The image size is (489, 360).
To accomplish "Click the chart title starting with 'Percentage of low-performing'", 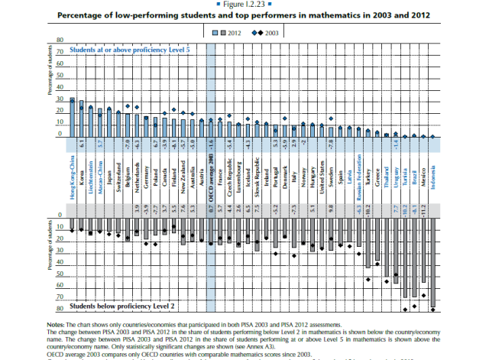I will (x=244, y=14).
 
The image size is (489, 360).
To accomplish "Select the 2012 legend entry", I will (x=225, y=33).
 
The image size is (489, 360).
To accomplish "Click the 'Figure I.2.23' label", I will (x=244, y=5).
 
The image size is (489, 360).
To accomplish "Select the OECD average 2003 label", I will (x=212, y=175).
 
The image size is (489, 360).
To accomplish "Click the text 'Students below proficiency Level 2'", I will (x=122, y=306).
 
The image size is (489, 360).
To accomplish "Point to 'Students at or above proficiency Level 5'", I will (x=130, y=49).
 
